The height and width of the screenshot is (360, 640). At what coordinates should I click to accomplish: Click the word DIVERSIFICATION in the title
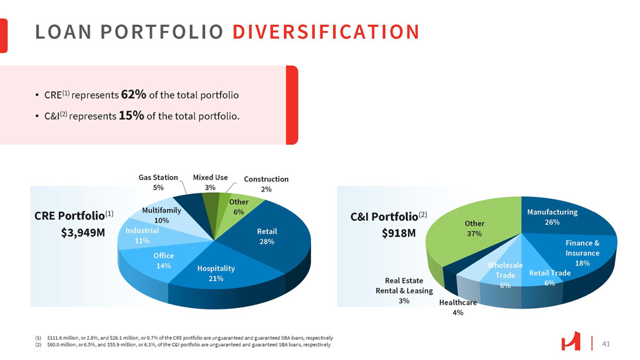pyautogui.click(x=330, y=32)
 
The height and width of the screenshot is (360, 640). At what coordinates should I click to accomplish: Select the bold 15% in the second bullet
pyautogui.click(x=131, y=115)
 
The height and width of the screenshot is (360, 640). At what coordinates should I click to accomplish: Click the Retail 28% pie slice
pyautogui.click(x=267, y=236)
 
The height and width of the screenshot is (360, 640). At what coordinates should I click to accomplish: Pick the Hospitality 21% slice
pyautogui.click(x=216, y=273)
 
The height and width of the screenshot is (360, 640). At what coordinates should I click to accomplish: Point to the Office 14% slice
pyautogui.click(x=163, y=260)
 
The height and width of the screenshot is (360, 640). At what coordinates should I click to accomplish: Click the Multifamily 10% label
pyautogui.click(x=161, y=215)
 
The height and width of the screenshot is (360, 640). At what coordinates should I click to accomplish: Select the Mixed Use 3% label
pyautogui.click(x=210, y=183)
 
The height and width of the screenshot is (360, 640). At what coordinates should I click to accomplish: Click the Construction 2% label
pyautogui.click(x=266, y=184)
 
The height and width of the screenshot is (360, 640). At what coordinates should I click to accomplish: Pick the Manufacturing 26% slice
pyautogui.click(x=552, y=217)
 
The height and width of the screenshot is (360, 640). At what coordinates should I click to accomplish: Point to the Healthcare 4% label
pyautogui.click(x=458, y=307)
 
